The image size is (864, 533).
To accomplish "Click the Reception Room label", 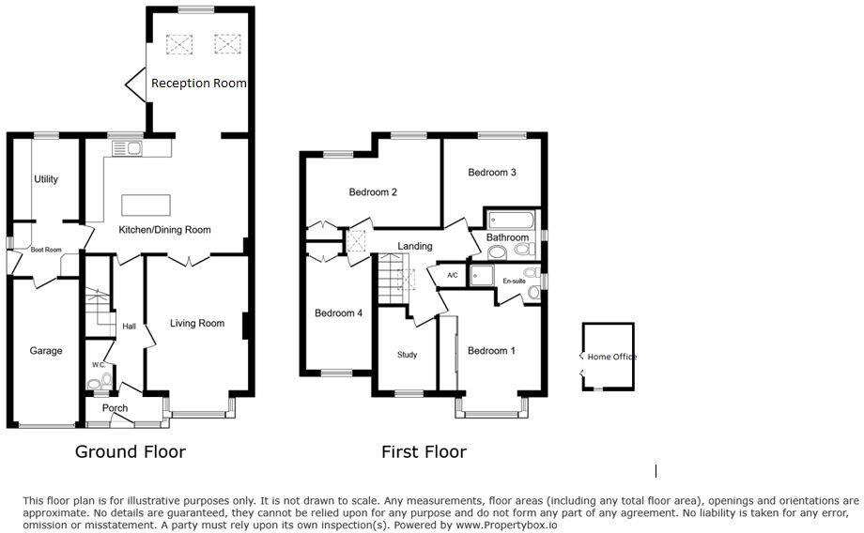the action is tap(199, 84).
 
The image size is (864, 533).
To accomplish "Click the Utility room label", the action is tap(46, 179).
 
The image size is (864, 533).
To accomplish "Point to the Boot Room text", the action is tap(46, 250).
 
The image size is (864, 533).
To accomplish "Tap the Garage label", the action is tap(46, 351).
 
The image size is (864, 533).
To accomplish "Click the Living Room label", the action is tap(197, 324).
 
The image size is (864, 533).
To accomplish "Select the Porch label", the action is tap(115, 408).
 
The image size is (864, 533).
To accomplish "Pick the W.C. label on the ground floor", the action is tap(98, 365).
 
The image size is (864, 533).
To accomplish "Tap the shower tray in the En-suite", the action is tap(481, 275).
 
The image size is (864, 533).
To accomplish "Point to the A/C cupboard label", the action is tap(453, 275).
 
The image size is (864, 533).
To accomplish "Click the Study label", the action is tap(407, 355).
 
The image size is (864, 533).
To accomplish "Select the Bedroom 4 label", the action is tap(338, 313).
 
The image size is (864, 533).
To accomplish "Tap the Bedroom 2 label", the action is tap(373, 192).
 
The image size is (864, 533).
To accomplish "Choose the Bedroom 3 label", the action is tap(492, 173).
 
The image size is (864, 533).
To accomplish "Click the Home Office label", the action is tap(612, 358).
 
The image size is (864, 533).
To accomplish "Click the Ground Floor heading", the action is tap(131, 452).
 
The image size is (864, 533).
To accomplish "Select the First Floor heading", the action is tap(424, 452).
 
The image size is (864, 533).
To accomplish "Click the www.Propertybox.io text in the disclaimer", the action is tap(507, 525).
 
